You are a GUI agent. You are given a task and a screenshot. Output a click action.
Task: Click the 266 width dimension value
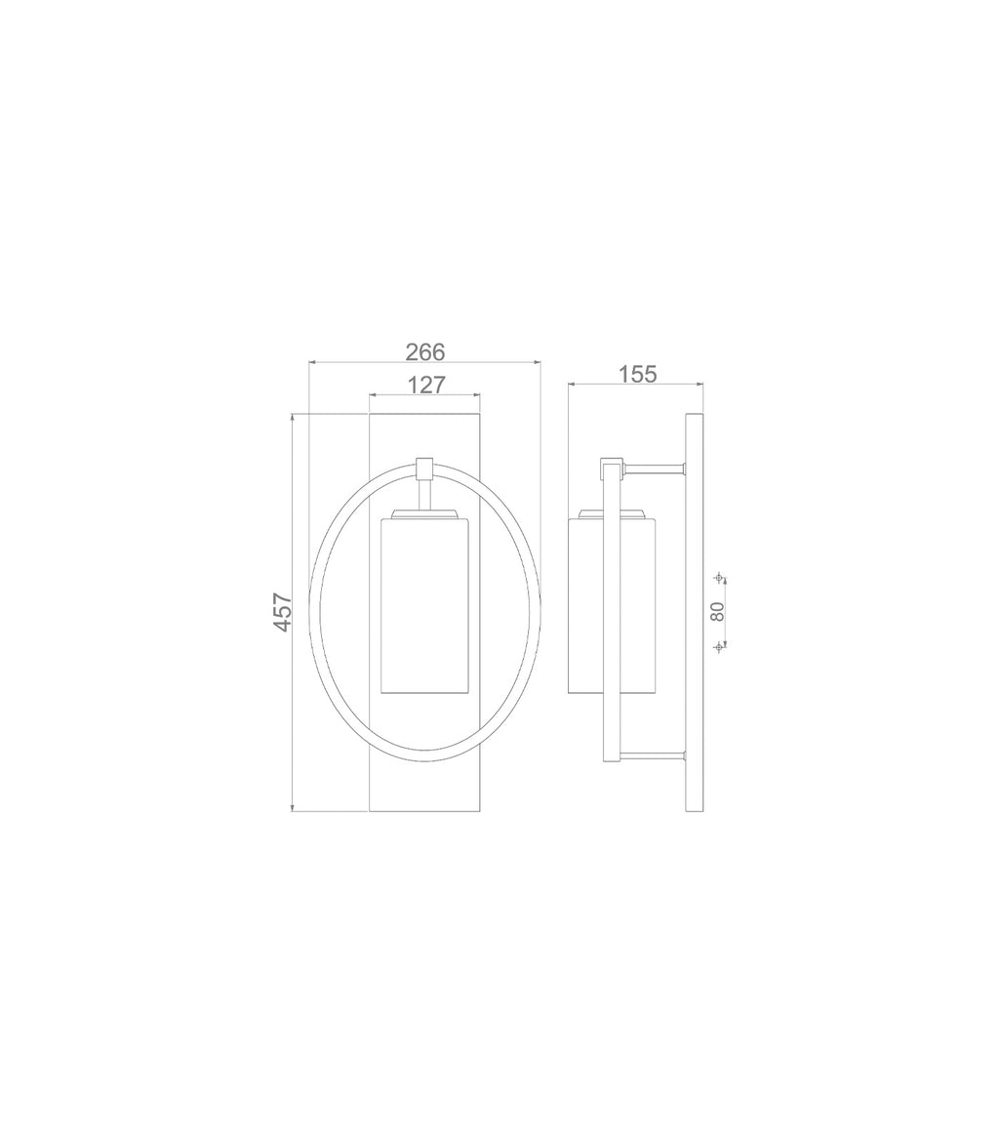[424, 351]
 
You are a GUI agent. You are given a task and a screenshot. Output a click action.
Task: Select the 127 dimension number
[425, 385]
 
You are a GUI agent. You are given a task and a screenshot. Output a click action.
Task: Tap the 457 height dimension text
[283, 613]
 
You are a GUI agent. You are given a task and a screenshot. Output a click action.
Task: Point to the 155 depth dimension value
[638, 375]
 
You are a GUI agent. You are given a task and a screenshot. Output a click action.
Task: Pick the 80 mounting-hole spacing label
[718, 611]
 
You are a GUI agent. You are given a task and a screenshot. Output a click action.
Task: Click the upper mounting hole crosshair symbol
[719, 578]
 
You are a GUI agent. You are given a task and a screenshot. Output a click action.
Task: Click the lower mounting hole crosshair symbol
[719, 645]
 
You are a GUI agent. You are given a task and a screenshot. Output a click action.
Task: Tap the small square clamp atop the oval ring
[423, 468]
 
